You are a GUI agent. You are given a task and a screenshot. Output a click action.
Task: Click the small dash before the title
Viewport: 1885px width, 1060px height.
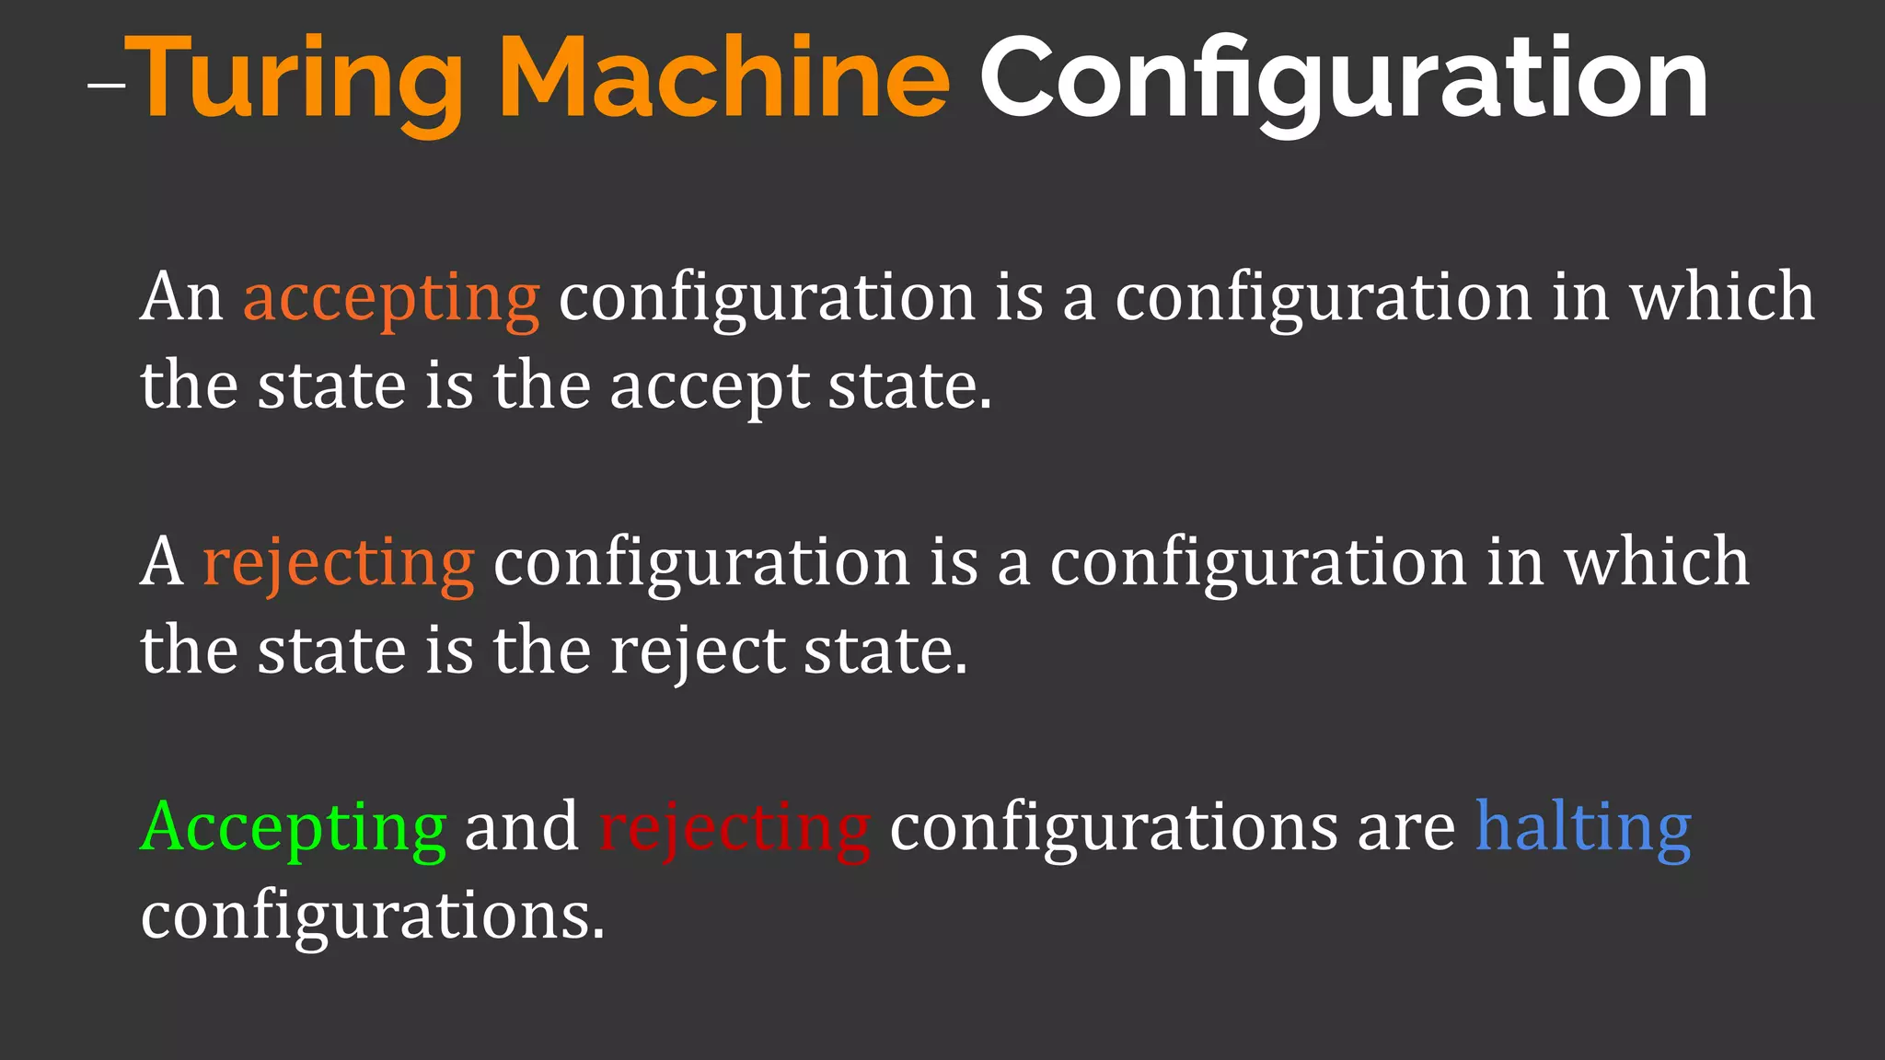pyautogui.click(x=107, y=86)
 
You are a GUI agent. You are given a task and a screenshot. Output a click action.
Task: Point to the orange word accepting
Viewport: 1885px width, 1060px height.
pyautogui.click(x=391, y=299)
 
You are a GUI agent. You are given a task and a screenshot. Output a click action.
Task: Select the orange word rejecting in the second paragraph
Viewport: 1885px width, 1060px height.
pyautogui.click(x=338, y=563)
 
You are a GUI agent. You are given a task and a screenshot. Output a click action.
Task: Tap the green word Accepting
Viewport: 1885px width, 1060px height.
pyautogui.click(x=294, y=828)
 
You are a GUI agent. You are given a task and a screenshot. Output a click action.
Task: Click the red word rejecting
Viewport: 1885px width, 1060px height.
pyautogui.click(x=734, y=828)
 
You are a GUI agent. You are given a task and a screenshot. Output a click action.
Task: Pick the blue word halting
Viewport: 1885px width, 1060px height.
pyautogui.click(x=1583, y=828)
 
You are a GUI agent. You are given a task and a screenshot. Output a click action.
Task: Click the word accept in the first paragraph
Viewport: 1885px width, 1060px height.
pyautogui.click(x=709, y=387)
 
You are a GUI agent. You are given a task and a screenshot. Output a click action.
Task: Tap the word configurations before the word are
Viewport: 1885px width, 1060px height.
pyautogui.click(x=1113, y=828)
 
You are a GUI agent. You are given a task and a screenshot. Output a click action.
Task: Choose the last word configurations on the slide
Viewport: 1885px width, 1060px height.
pyautogui.click(x=373, y=916)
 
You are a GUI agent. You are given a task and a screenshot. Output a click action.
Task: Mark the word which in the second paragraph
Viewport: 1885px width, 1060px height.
pyautogui.click(x=1657, y=562)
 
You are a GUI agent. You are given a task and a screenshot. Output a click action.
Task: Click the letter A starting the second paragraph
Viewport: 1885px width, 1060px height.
pyautogui.click(x=162, y=562)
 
